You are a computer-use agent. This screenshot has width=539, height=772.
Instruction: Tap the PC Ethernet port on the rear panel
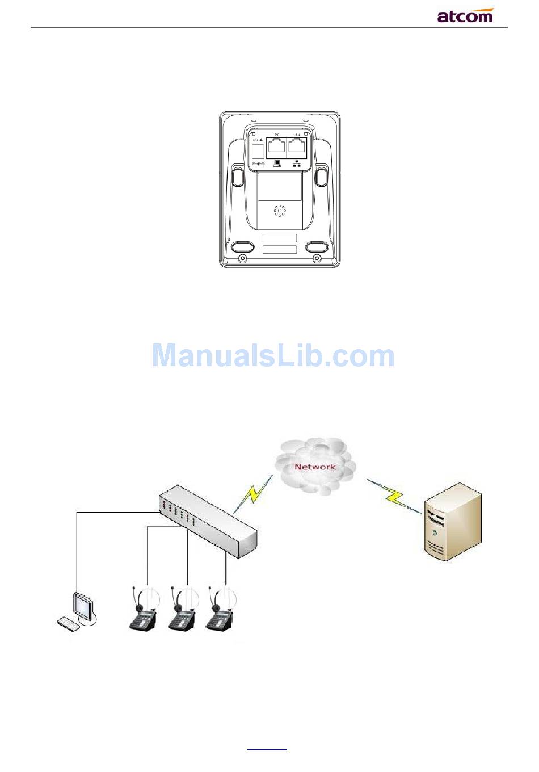277,147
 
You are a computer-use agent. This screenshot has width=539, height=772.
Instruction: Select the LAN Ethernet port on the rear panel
297,147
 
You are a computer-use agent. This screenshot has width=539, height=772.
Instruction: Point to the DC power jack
258,151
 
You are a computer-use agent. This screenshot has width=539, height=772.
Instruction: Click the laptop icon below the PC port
277,164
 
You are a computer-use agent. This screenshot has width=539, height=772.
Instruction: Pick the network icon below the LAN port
297,164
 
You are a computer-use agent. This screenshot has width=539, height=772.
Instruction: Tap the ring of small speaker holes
280,211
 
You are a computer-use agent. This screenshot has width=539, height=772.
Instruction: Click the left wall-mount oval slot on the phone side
238,176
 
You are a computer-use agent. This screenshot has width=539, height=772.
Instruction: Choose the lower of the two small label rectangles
280,250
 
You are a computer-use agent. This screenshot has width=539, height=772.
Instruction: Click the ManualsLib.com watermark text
273,356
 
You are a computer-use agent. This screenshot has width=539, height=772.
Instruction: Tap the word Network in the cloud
315,467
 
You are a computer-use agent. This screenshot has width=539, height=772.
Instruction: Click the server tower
454,521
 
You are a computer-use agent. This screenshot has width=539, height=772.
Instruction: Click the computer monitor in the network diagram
82,606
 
